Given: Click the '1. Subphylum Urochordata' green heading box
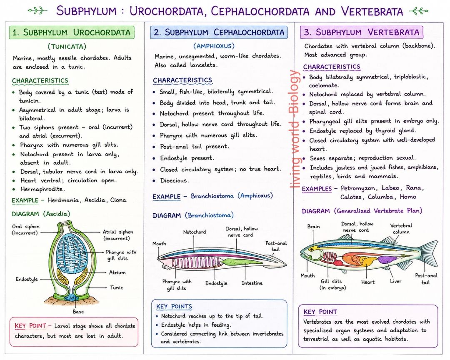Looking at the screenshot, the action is click(72, 32).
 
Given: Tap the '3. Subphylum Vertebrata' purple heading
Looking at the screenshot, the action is click(362, 32).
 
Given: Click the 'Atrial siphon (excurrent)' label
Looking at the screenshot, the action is click(117, 235).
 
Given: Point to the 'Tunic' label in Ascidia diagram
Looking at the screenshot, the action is click(117, 287).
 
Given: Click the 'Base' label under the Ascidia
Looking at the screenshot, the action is click(78, 312).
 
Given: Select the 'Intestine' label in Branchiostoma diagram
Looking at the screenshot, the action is click(252, 283).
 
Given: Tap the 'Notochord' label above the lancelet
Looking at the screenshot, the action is click(195, 232).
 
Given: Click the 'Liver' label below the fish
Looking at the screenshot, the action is click(395, 281).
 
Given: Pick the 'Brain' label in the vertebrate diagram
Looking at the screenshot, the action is click(313, 227).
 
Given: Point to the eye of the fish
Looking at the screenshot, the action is click(310, 250).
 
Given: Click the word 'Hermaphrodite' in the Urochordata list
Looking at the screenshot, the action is click(42, 189).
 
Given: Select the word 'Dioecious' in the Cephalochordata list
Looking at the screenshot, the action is click(174, 180).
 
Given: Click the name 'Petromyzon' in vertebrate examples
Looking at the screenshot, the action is click(357, 188).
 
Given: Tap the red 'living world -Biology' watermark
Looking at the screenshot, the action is click(295, 129).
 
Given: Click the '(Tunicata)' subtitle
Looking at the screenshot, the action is click(67, 47).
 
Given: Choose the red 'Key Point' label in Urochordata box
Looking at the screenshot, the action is click(30, 326).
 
